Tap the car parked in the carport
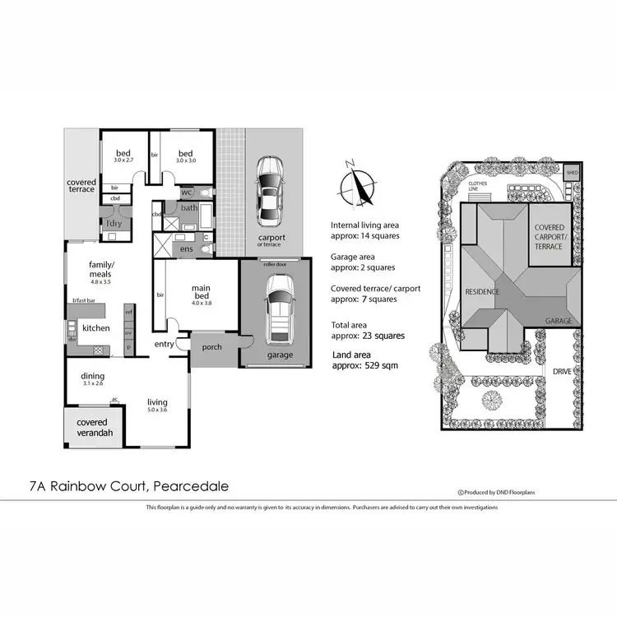point(269,191)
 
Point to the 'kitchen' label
point(96,328)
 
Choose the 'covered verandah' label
point(91,427)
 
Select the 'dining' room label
point(92,378)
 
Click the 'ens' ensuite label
point(188,248)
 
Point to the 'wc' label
point(186,193)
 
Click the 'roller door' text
point(275,264)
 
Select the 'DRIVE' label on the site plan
point(564,371)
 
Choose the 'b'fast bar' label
point(82,302)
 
